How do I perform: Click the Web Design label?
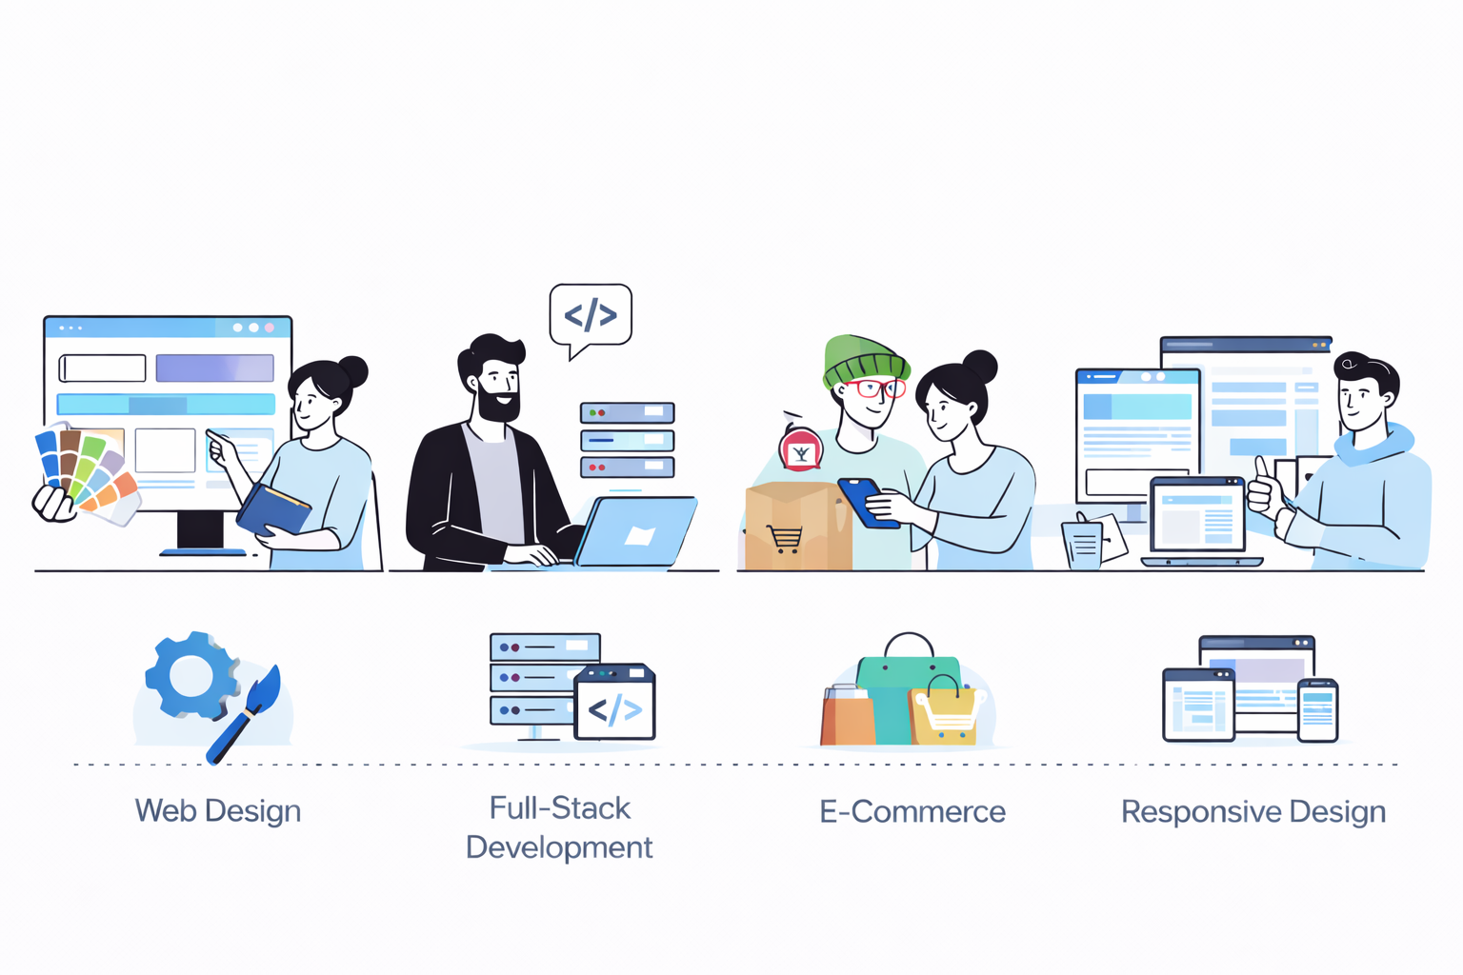tap(218, 811)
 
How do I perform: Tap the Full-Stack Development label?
tap(559, 827)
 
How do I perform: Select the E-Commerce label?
tap(912, 812)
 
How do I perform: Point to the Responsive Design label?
tap(1253, 812)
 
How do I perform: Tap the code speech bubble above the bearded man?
tap(591, 315)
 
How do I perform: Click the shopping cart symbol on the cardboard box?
tap(784, 539)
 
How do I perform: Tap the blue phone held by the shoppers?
tap(867, 502)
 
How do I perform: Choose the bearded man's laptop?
tap(636, 532)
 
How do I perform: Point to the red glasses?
tap(877, 388)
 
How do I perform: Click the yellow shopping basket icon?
tap(945, 715)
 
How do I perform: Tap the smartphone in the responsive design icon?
tap(1318, 710)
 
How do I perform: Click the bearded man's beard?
tap(498, 406)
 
